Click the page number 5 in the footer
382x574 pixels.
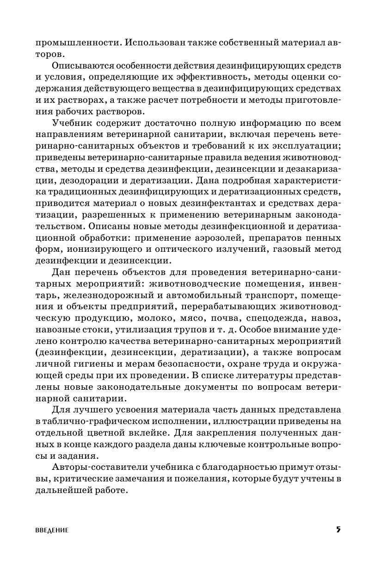[x=338, y=530]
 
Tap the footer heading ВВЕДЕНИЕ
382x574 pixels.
[x=52, y=530]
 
